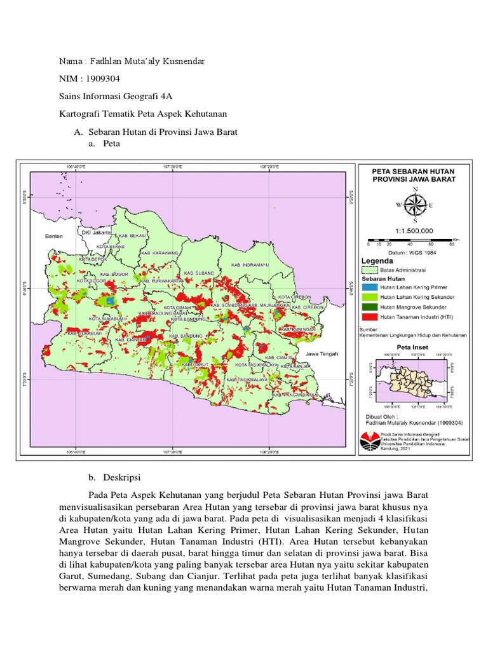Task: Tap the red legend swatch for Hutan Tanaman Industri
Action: (x=370, y=316)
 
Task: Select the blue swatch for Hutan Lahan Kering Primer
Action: (x=370, y=287)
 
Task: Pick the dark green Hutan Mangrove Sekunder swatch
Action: (x=370, y=306)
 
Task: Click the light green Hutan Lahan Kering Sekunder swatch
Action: (x=370, y=297)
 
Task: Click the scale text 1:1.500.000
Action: (x=414, y=231)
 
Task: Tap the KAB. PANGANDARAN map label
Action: (x=295, y=395)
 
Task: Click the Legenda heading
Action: (x=377, y=261)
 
